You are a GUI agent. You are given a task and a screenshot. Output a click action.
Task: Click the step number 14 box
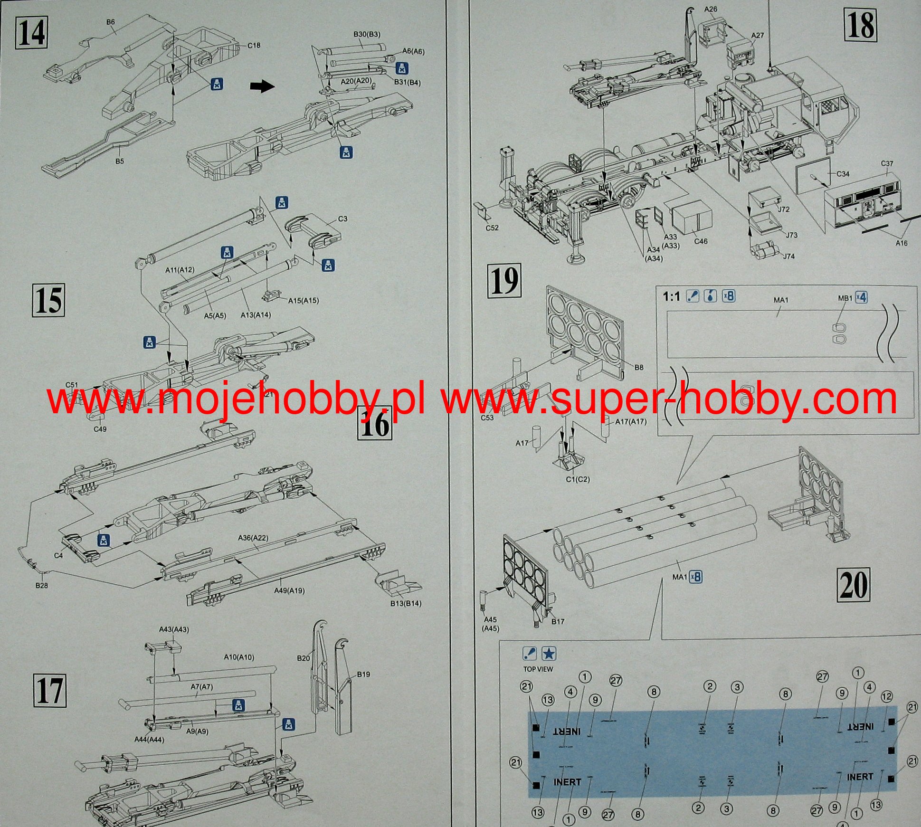coord(32,32)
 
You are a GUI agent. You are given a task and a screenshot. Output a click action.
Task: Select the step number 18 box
coord(860,26)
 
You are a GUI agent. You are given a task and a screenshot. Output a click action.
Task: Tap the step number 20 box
coord(853,585)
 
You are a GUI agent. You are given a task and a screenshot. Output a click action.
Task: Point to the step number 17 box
coord(49,691)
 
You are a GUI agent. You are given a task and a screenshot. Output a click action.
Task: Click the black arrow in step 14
coord(262,86)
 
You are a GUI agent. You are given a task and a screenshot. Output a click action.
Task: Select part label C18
coord(254,46)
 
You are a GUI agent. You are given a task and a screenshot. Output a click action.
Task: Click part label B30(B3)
coord(367,35)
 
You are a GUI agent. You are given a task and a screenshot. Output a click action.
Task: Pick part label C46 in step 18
coord(701,241)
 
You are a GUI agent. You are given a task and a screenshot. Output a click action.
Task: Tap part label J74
coord(788,256)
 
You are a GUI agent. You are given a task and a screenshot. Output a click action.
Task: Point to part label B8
coord(639,367)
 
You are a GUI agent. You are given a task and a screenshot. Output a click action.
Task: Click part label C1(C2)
coord(578,479)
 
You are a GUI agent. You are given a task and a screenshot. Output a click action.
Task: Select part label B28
coord(41,585)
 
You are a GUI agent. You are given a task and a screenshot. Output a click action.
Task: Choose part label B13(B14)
coord(405,603)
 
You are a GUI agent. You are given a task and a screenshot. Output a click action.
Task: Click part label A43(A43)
coord(174,629)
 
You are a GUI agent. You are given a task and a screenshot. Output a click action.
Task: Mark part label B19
coord(363,674)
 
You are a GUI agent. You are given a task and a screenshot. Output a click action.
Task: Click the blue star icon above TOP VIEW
coord(549,654)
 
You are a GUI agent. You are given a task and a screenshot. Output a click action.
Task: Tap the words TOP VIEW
coord(538,669)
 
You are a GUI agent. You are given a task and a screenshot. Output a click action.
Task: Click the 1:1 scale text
coord(671,297)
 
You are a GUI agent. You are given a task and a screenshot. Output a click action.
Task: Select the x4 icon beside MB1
coord(861,297)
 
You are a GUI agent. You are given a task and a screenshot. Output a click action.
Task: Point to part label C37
coord(887,163)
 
